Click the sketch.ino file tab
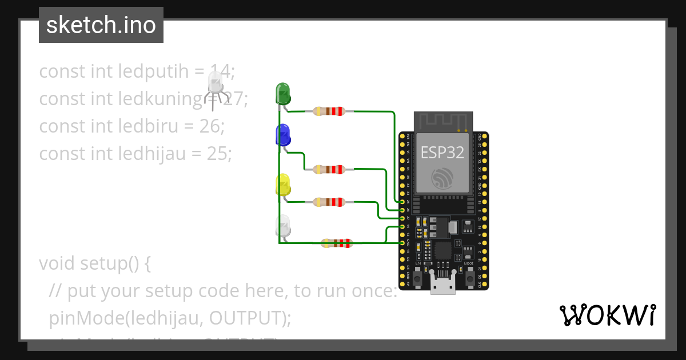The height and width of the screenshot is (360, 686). (101, 25)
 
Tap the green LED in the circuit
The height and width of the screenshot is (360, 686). (283, 93)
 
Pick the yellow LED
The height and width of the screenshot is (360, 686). (283, 186)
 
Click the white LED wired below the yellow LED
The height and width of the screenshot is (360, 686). (283, 226)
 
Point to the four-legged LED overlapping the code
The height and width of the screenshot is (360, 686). (215, 85)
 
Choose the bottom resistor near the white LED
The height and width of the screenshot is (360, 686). (336, 243)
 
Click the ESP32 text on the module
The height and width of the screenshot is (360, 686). (442, 153)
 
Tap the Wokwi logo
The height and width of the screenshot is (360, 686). (607, 315)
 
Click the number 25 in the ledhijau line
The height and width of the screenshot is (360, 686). (220, 154)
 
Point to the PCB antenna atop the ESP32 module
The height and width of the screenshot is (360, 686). (443, 121)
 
